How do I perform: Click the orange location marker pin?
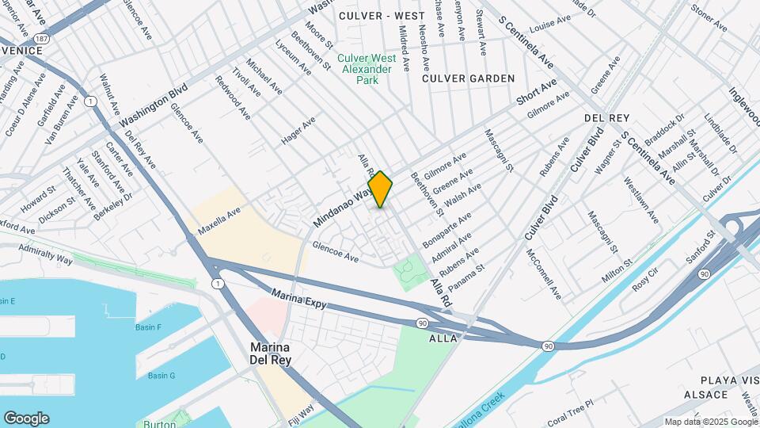(x=380, y=189)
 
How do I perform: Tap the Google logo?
(x=26, y=418)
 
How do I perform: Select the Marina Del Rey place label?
(x=271, y=353)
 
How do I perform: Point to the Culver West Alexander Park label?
(x=365, y=69)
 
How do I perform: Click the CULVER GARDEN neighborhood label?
(x=468, y=78)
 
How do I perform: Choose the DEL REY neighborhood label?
(x=606, y=117)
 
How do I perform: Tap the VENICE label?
(x=21, y=50)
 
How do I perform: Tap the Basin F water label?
(x=148, y=327)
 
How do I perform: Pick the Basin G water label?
(x=161, y=375)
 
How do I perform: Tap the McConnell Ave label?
(x=544, y=274)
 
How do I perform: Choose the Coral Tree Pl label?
(x=570, y=415)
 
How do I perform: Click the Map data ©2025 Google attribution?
(x=710, y=422)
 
